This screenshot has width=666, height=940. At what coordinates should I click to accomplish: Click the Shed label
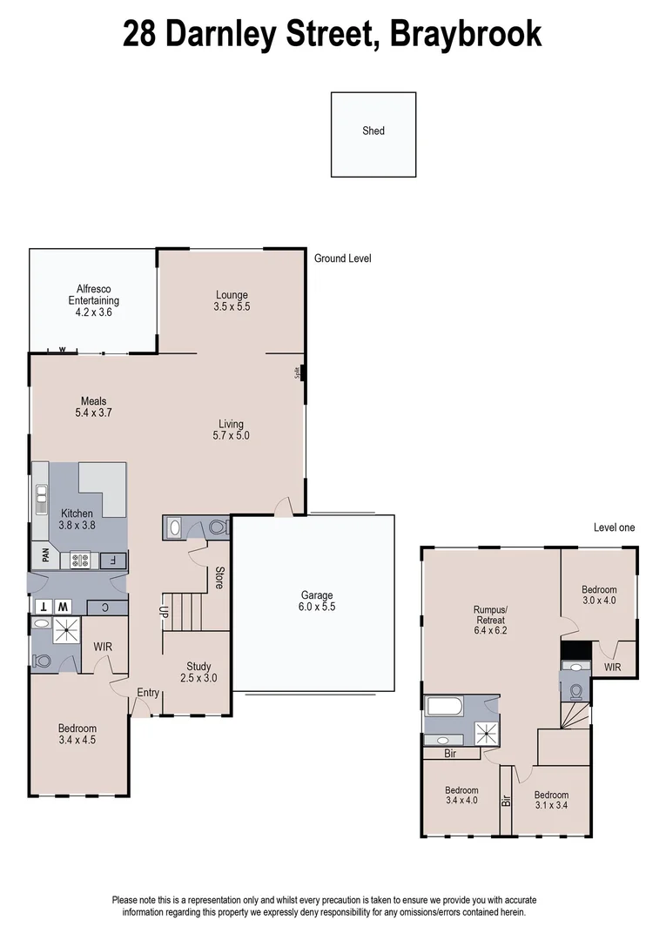pyautogui.click(x=373, y=131)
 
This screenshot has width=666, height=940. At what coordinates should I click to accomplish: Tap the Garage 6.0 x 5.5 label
pyautogui.click(x=317, y=601)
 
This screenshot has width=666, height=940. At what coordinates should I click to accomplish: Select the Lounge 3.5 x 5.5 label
pyautogui.click(x=232, y=301)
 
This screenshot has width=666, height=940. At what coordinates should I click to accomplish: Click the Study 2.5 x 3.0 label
pyautogui.click(x=198, y=672)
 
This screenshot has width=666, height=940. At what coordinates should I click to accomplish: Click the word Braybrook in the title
pyautogui.click(x=465, y=34)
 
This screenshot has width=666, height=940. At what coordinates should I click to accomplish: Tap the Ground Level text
pyautogui.click(x=343, y=258)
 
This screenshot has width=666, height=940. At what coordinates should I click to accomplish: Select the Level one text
pyautogui.click(x=614, y=527)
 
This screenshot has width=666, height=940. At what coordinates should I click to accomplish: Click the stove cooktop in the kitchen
pyautogui.click(x=81, y=560)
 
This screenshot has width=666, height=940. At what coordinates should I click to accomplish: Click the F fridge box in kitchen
pyautogui.click(x=112, y=560)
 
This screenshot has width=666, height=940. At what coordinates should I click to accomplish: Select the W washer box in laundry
pyautogui.click(x=62, y=606)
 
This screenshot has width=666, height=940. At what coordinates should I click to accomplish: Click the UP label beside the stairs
pyautogui.click(x=163, y=610)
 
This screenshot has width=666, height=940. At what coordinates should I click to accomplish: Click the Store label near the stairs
pyautogui.click(x=219, y=578)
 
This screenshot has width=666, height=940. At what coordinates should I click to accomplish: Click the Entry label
pyautogui.click(x=147, y=693)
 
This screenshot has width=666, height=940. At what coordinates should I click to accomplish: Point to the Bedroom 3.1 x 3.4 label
pyautogui.click(x=551, y=800)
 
